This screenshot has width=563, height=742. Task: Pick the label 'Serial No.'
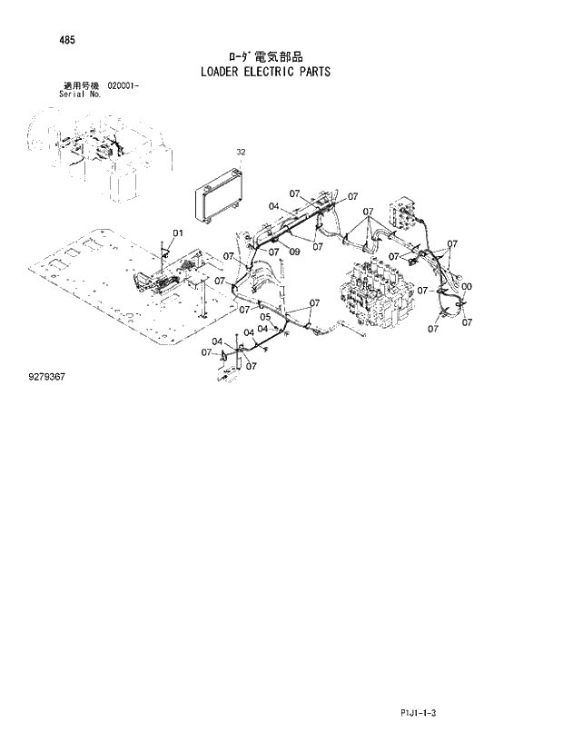[x=78, y=93]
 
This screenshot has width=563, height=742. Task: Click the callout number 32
[x=241, y=153]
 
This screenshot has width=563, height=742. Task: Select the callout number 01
[x=178, y=233]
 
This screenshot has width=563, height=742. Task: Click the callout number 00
[x=466, y=288]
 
